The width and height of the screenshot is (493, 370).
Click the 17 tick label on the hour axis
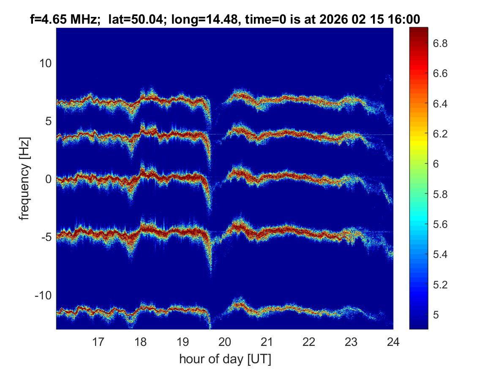click(98, 341)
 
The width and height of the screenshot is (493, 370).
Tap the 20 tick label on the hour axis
click(225, 341)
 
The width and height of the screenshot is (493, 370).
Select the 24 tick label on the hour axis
click(393, 341)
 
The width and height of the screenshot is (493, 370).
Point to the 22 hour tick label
click(309, 341)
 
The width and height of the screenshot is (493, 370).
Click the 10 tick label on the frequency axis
click(45, 63)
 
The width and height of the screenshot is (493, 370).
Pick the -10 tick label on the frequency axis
click(42, 295)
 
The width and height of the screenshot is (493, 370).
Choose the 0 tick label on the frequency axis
click(48, 179)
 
